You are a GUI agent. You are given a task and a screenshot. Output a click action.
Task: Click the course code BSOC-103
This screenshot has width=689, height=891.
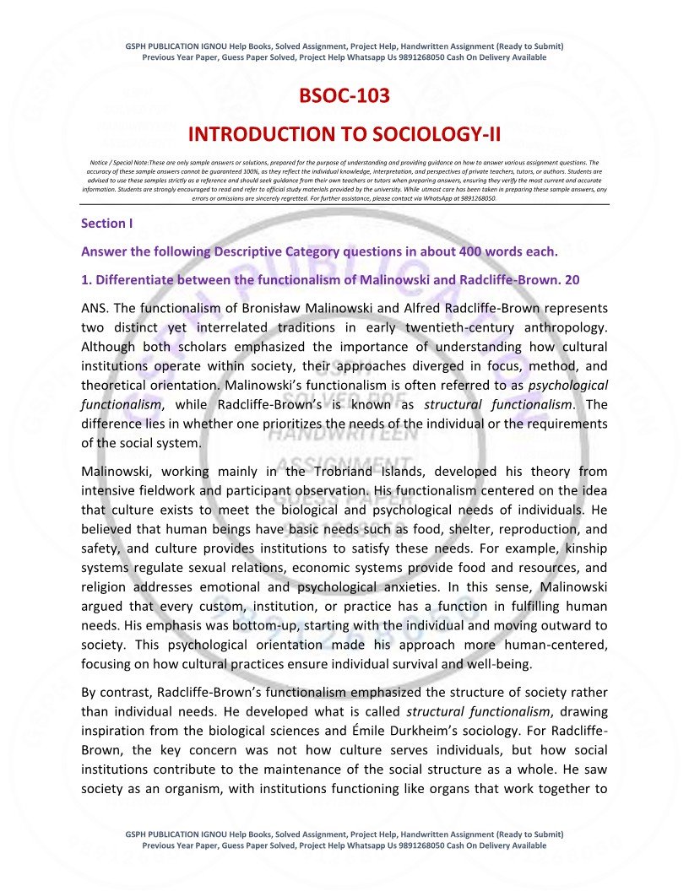[344, 96]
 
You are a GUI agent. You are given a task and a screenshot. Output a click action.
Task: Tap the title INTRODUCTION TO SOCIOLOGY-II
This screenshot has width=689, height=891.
[344, 134]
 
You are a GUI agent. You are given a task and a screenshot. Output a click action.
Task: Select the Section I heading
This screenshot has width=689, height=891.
[106, 224]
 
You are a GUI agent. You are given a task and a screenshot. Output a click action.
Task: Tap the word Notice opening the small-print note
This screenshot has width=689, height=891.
[101, 160]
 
